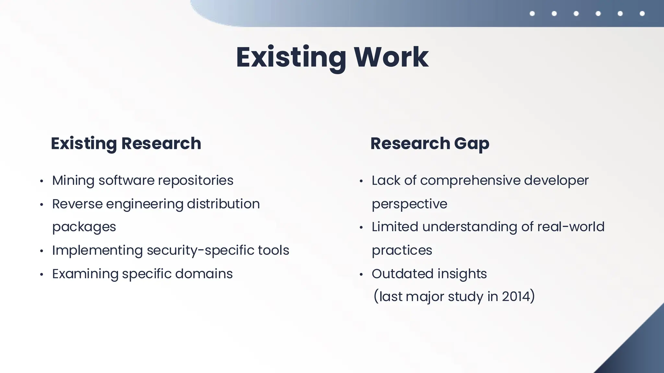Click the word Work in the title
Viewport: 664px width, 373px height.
pyautogui.click(x=391, y=57)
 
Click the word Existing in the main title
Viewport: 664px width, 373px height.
pyautogui.click(x=291, y=57)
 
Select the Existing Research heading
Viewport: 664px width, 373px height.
pyautogui.click(x=126, y=143)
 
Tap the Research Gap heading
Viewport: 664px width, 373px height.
pyautogui.click(x=430, y=143)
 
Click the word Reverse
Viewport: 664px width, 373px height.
pyautogui.click(x=77, y=204)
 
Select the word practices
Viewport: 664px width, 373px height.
pyautogui.click(x=402, y=251)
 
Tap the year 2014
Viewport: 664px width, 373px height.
pyautogui.click(x=516, y=297)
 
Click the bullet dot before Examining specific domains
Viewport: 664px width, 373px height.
pyautogui.click(x=41, y=275)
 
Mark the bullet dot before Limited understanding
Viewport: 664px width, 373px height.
pyautogui.click(x=361, y=228)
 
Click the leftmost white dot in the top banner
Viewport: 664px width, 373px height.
pyautogui.click(x=532, y=14)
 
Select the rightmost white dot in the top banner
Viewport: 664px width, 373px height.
pyautogui.click(x=642, y=14)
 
